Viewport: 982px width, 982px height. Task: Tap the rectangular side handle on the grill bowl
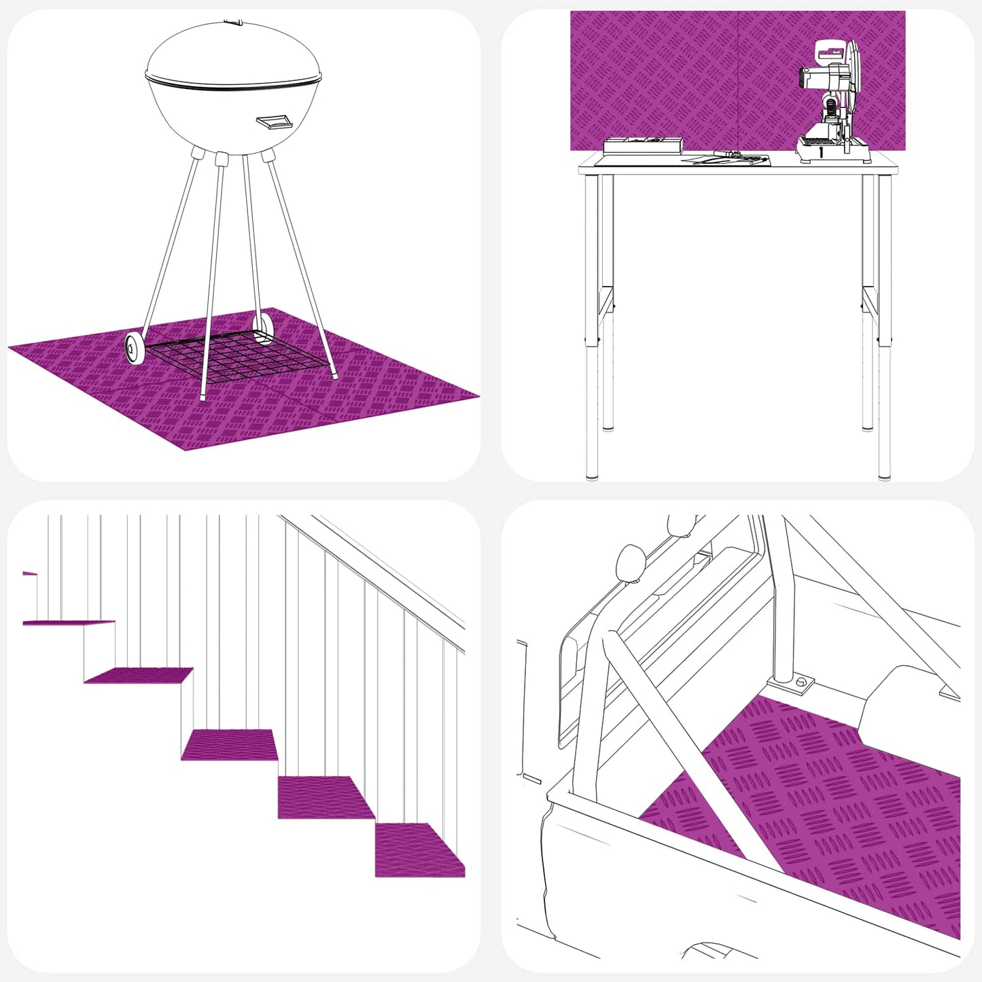(x=274, y=122)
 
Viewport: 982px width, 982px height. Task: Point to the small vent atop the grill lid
(x=233, y=22)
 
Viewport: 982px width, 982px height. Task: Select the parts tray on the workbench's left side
(x=642, y=145)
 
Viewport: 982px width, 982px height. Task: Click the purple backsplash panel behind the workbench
(x=680, y=75)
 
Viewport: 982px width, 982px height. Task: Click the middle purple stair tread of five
(x=230, y=744)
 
